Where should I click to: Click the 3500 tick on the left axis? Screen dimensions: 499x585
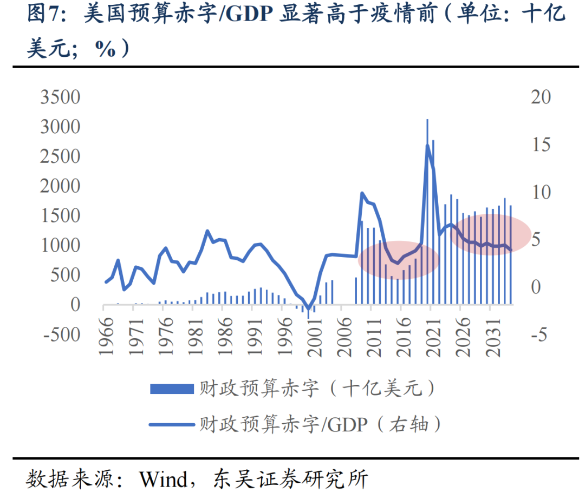(61, 97)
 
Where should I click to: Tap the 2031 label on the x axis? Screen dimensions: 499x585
(490, 338)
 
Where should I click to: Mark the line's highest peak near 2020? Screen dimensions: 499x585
(427, 145)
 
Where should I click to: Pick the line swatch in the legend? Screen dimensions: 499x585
(172, 424)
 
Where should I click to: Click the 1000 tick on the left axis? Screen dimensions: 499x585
(61, 245)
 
